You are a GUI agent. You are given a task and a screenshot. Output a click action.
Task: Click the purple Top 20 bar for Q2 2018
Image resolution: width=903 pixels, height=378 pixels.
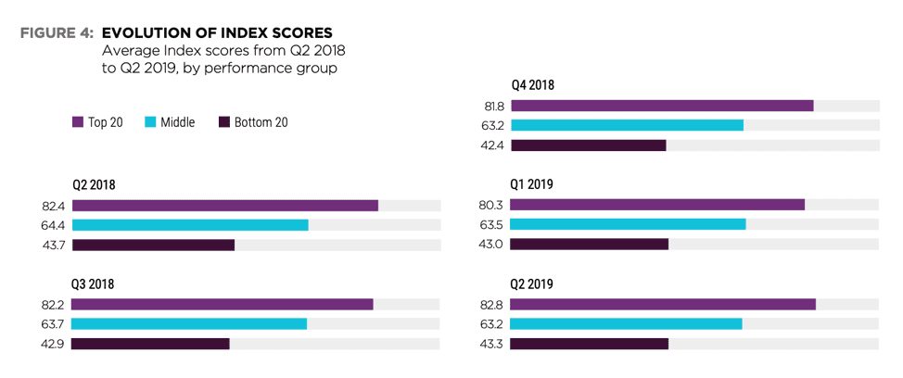point(225,206)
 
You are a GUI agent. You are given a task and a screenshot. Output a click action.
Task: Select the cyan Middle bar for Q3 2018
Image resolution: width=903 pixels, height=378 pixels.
point(189,324)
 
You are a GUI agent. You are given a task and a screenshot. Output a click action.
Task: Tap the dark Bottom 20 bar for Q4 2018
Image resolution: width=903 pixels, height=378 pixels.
point(589,145)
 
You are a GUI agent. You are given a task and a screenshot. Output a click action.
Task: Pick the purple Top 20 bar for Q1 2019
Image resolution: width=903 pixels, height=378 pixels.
point(657,205)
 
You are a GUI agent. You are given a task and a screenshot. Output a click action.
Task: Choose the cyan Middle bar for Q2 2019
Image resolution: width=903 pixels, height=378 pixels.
point(626,324)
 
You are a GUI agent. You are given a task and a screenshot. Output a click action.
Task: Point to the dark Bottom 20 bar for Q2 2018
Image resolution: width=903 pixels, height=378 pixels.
point(153,246)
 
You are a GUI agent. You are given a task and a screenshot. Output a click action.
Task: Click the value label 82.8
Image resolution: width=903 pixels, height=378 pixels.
point(491,305)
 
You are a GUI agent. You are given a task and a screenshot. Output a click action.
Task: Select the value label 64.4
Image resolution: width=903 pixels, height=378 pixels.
point(53,225)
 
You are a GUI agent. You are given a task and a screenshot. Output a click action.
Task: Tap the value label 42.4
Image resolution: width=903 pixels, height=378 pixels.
point(491,145)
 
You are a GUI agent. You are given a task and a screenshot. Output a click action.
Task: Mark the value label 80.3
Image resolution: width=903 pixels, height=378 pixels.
point(491,205)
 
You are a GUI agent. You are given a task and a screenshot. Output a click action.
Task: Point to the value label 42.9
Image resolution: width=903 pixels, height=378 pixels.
point(53,344)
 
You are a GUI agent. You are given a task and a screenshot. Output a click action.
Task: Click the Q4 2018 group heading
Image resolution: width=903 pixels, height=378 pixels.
point(533,86)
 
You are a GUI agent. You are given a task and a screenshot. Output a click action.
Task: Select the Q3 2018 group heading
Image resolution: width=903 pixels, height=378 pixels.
point(93,284)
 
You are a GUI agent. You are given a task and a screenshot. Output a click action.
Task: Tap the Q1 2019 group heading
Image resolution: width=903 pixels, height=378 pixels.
point(531,184)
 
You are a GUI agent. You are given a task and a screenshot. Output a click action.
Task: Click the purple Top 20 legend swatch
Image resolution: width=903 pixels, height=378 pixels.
point(77,122)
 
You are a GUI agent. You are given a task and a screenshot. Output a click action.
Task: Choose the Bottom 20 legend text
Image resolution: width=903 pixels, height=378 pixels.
point(261,122)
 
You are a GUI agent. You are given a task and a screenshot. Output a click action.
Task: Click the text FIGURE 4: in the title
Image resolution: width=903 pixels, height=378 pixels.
point(57,32)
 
